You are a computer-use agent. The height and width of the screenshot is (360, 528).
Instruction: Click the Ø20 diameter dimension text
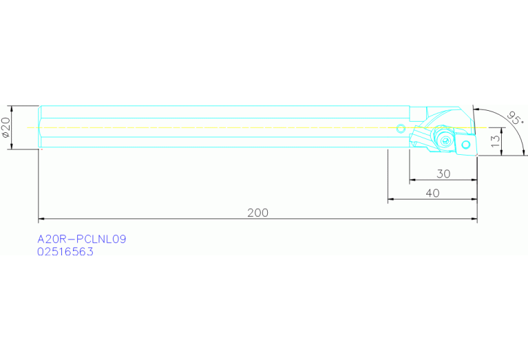(x=6, y=127)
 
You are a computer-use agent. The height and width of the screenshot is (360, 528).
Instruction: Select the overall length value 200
(x=257, y=213)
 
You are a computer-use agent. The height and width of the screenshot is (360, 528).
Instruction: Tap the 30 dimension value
(x=443, y=174)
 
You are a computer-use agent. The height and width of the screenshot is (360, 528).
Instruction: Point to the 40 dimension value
(x=432, y=193)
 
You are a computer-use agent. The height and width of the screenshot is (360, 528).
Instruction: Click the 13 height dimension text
(x=495, y=142)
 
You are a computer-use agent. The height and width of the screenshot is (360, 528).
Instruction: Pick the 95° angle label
(x=514, y=118)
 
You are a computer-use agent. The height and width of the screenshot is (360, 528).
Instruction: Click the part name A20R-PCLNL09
(x=82, y=239)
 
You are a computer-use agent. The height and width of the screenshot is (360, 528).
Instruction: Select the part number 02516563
(x=65, y=252)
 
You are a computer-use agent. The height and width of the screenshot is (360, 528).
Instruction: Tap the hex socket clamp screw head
(x=447, y=140)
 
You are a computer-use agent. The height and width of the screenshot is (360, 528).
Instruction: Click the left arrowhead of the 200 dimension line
(x=41, y=219)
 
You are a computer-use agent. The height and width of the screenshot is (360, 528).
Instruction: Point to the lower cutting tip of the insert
(x=476, y=155)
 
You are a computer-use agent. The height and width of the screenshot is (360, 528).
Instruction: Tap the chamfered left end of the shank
(x=40, y=127)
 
